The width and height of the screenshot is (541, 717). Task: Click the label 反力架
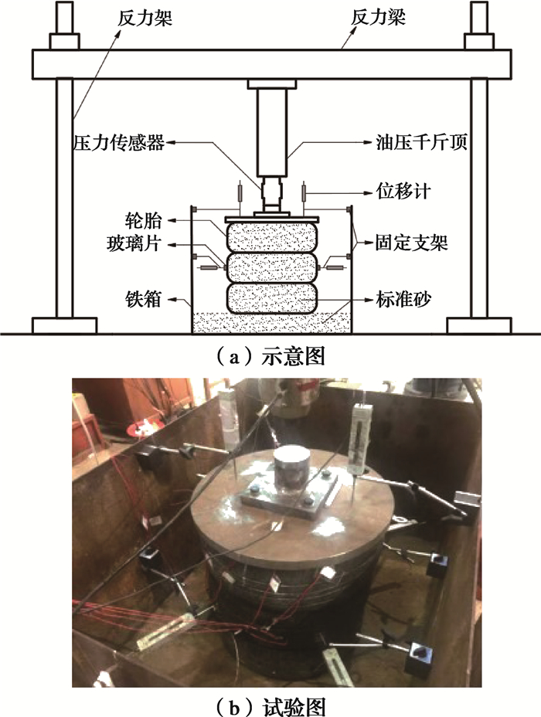coord(145,18)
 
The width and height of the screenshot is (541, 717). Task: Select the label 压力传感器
coord(119,143)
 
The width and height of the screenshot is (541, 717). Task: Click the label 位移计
coord(403,192)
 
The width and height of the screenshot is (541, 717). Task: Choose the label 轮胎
coord(143,221)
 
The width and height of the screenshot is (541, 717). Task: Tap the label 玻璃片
coord(134,243)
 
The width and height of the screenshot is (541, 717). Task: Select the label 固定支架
coord(412,243)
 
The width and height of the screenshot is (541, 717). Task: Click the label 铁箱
coord(143,300)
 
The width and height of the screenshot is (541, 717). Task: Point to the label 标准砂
coord(403,300)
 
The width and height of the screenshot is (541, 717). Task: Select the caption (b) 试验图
coord(270,706)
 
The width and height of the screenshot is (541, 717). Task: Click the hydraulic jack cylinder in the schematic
coord(272,133)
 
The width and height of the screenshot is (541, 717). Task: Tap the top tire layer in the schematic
coord(271,236)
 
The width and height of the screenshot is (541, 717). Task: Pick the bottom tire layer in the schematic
coord(271,298)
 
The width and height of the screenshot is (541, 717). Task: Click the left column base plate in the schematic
coord(64,325)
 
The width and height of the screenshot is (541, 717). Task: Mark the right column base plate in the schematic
coord(479,325)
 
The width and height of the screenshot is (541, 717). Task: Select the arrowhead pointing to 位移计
coord(368,193)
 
